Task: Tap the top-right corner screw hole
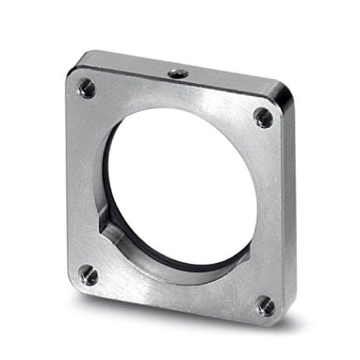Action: (263, 117)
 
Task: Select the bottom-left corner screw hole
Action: (88, 275)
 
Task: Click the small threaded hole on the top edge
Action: (176, 74)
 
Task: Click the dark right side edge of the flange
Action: (290, 208)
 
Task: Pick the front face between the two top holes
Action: (176, 99)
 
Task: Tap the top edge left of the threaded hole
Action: (128, 64)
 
